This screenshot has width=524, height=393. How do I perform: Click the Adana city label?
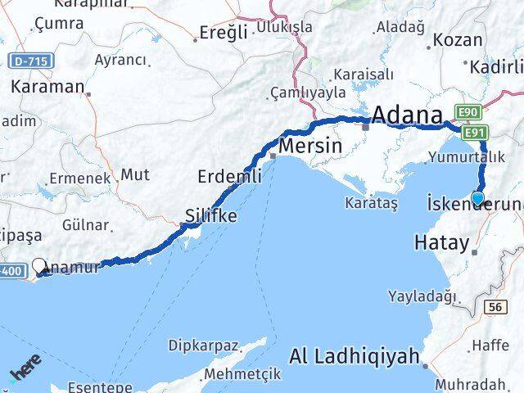pos(409,114)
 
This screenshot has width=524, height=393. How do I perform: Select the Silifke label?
pos(210,216)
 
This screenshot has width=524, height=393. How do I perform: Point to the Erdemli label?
pos(230,176)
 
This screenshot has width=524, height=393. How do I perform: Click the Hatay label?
pos(442,242)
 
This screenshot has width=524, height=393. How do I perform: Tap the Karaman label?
pos(47,86)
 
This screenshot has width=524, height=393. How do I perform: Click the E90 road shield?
pos(468,113)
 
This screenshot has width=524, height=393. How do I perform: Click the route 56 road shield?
pos(494,307)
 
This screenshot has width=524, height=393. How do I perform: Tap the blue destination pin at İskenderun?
pos(478,197)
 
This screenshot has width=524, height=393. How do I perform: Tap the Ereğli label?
pos(224,34)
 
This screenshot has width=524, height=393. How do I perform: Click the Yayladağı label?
pos(422,296)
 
